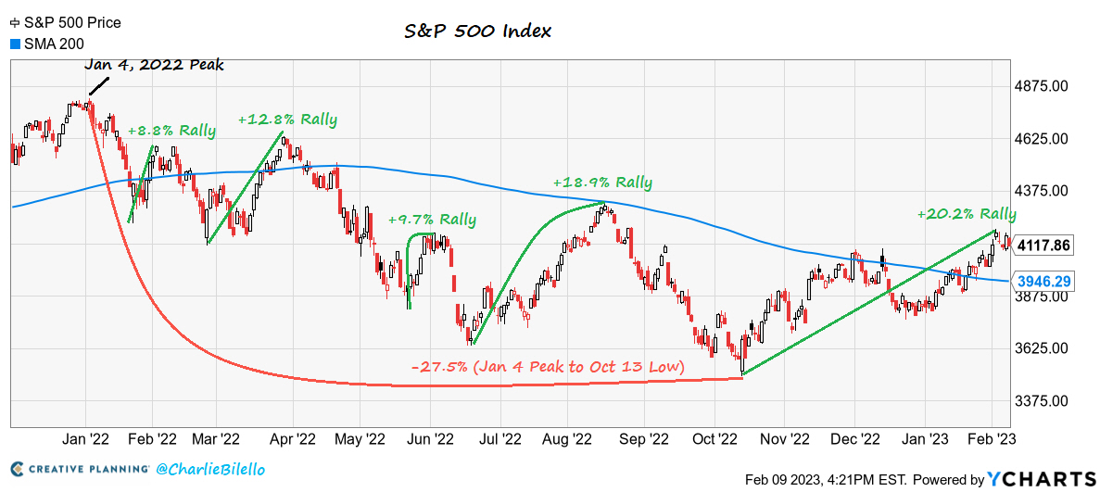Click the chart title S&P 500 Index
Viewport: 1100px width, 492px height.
click(x=477, y=31)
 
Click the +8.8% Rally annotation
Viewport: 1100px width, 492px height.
click(x=171, y=131)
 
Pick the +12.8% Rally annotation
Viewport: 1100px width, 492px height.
click(x=287, y=120)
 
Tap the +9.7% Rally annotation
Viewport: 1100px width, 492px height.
click(x=432, y=220)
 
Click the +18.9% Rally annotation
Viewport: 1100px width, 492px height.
click(x=602, y=183)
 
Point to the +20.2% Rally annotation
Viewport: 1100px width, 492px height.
click(x=967, y=214)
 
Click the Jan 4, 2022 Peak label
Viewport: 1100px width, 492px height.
click(x=153, y=66)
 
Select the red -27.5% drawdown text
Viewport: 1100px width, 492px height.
click(x=548, y=367)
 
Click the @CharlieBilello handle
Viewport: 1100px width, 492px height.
click(x=210, y=469)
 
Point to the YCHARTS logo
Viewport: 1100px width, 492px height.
click(x=1042, y=478)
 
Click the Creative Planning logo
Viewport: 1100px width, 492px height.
click(x=80, y=469)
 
